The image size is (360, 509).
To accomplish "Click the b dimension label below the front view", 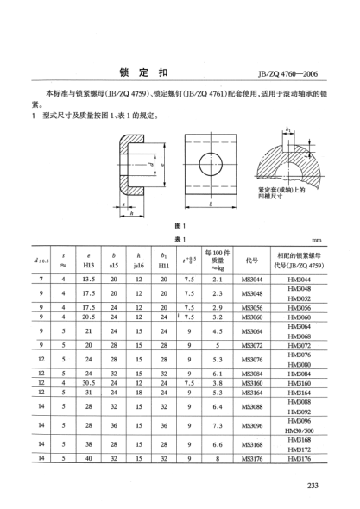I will (x=211, y=204).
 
